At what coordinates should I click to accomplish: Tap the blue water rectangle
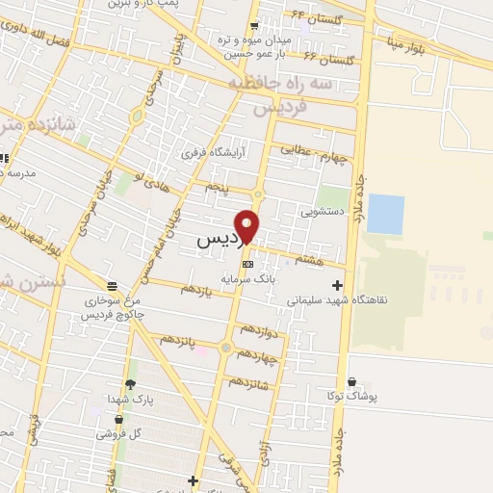tap(385, 214)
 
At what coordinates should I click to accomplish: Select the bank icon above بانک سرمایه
tap(247, 263)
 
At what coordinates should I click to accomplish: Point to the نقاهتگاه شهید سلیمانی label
tap(337, 299)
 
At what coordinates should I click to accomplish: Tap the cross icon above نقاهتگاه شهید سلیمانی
tap(336, 285)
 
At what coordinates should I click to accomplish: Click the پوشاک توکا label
tap(356, 396)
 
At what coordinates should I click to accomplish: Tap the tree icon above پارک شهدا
tap(117, 383)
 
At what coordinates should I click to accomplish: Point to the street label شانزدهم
tap(265, 385)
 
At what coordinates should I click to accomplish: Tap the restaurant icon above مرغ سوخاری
tap(113, 286)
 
